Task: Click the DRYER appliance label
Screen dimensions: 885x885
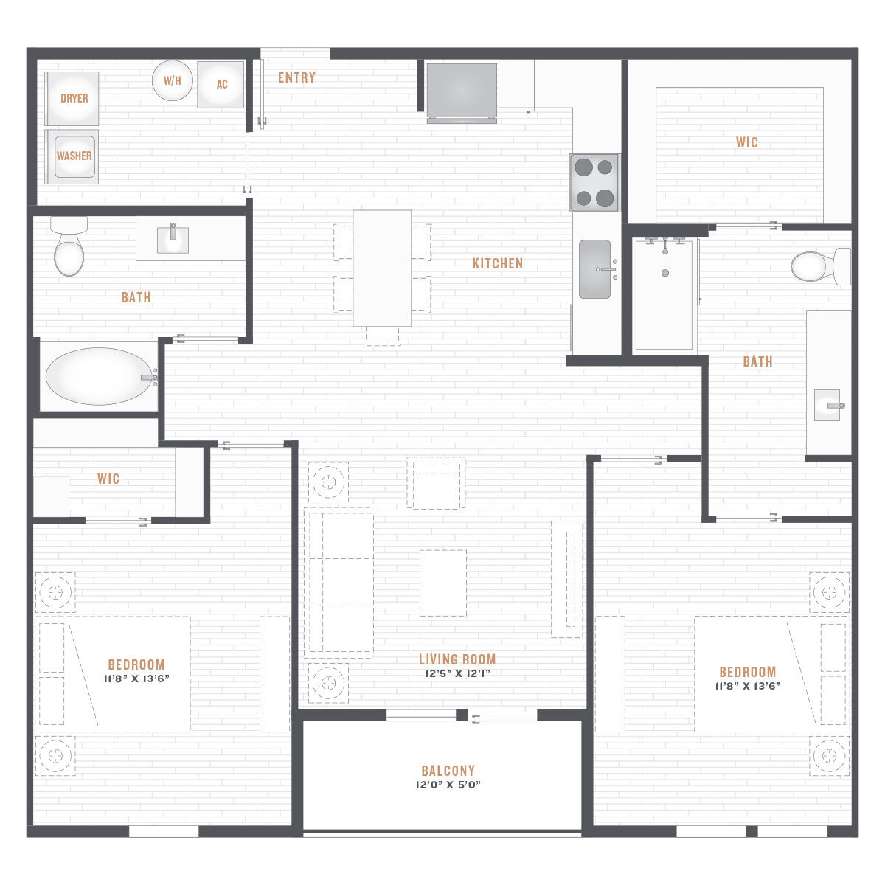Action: pos(74,98)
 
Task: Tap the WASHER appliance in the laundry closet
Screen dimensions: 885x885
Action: pos(72,156)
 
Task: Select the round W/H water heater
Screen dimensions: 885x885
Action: pos(173,80)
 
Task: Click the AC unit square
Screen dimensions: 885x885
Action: pos(221,85)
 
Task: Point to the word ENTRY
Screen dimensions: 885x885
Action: pos(296,77)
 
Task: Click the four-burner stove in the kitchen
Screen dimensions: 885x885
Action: pos(594,182)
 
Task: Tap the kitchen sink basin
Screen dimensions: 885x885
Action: pos(594,269)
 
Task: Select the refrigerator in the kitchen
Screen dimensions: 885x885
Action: pos(462,93)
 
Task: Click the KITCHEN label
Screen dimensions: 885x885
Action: pos(497,263)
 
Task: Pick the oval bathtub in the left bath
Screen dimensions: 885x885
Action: pos(100,376)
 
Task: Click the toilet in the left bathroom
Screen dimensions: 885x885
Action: pos(69,246)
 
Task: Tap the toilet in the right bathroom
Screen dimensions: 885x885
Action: pos(821,266)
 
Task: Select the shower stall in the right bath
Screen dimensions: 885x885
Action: pos(664,295)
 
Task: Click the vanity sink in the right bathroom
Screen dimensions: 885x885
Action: pos(827,405)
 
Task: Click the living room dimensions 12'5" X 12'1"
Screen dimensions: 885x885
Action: pos(457,673)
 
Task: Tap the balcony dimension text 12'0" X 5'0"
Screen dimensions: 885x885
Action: pos(448,785)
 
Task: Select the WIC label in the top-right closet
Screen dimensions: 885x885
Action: pos(747,142)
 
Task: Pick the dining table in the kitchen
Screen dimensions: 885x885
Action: pos(382,268)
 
